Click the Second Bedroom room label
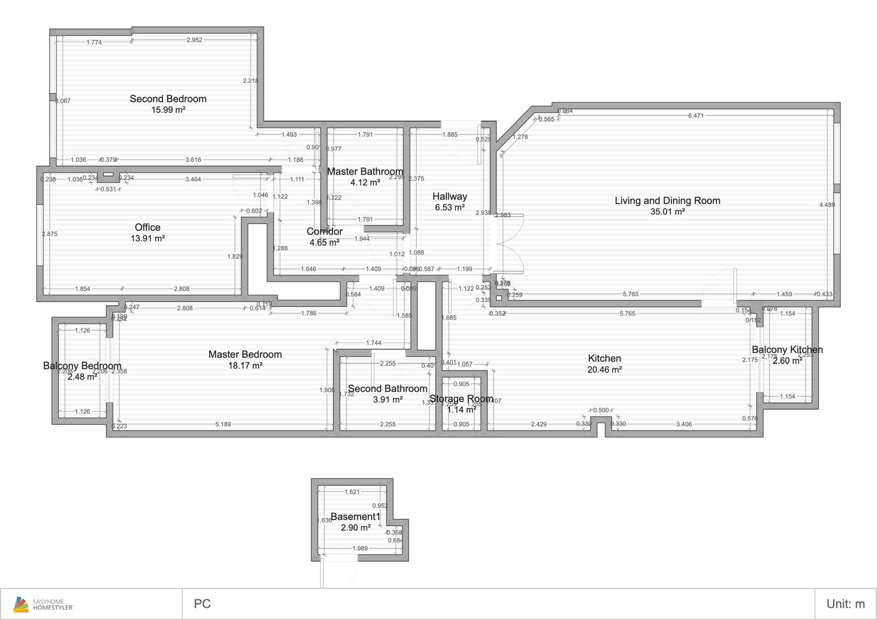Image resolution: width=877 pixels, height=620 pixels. [168, 99]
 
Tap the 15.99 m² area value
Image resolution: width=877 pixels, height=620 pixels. [168, 110]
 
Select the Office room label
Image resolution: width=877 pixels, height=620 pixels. [147, 227]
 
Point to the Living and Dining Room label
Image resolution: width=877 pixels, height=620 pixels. [667, 201]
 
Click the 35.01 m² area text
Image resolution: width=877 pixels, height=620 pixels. [667, 212]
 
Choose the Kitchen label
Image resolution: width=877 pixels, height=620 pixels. [604, 359]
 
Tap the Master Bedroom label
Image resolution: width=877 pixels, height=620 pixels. [245, 355]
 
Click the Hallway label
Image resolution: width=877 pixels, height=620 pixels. [449, 196]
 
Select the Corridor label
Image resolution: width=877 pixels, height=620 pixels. [324, 231]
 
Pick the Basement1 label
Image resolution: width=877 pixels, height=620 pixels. [355, 516]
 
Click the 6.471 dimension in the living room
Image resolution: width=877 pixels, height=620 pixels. [696, 116]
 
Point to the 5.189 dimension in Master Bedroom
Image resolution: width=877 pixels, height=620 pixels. [223, 424]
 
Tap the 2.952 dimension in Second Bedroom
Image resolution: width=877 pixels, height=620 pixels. [194, 40]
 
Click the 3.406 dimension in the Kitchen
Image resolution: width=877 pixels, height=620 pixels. [684, 424]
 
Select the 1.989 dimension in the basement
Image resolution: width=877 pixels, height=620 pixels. [360, 548]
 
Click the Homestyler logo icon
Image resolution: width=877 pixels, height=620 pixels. [21, 604]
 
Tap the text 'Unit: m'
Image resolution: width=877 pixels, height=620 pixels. [845, 604]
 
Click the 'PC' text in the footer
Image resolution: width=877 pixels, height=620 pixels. [202, 604]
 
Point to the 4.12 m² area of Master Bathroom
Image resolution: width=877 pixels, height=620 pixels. [365, 183]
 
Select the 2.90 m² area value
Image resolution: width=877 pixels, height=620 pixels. [355, 527]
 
